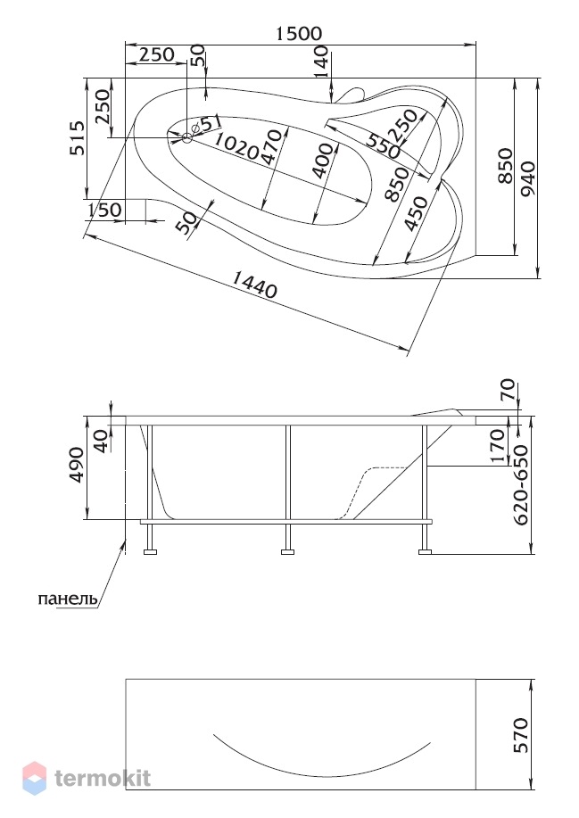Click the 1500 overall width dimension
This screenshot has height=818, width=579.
coord(299,33)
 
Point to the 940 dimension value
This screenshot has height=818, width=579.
coord(528,179)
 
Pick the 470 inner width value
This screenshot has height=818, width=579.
coord(271,148)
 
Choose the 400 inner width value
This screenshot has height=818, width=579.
coord(323,161)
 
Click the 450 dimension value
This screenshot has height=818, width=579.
coord(417,214)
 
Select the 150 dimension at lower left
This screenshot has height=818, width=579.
coord(104,210)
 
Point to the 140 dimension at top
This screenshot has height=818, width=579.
coord(322,61)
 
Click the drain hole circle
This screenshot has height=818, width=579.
coord(187,138)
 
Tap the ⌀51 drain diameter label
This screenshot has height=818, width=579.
coord(207,124)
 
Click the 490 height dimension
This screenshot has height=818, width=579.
coord(77,465)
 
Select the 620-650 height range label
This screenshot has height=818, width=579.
coord(521,485)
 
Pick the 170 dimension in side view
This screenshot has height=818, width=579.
coord(497,446)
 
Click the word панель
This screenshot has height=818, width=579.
coord(68,599)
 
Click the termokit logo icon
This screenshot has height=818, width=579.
coord(35,778)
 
